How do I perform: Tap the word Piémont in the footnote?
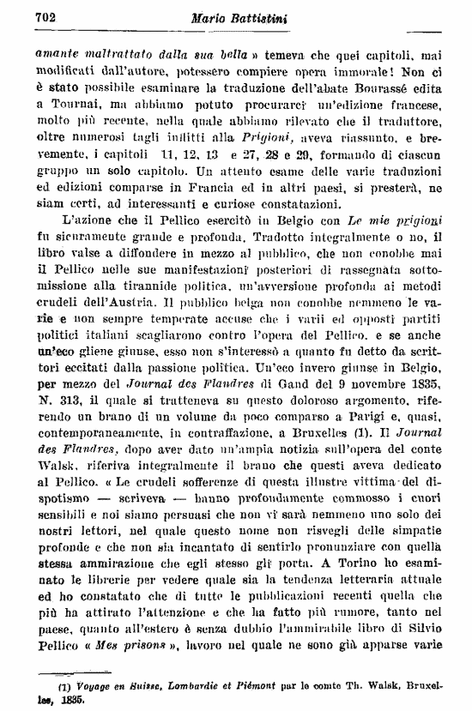pos(261,685)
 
